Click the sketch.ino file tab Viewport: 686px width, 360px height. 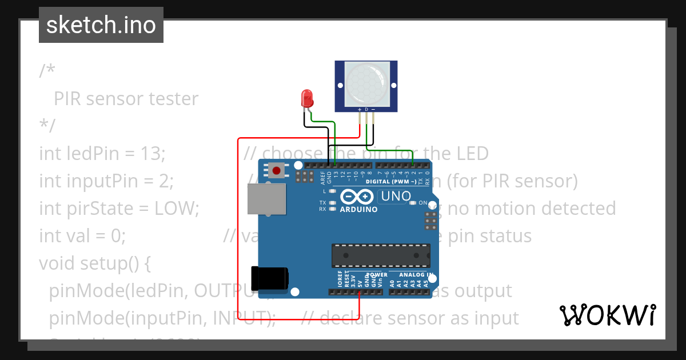101,25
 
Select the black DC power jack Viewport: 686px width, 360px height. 270,278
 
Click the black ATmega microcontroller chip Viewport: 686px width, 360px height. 381,255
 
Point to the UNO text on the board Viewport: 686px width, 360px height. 396,197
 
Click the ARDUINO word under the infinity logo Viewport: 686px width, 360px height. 359,210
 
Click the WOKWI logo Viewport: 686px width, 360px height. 607,315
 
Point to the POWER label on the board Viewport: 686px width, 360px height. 376,275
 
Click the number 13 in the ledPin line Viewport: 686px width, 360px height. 153,153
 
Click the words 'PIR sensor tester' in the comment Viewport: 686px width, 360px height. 126,98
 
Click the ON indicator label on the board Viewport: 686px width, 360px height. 423,203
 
